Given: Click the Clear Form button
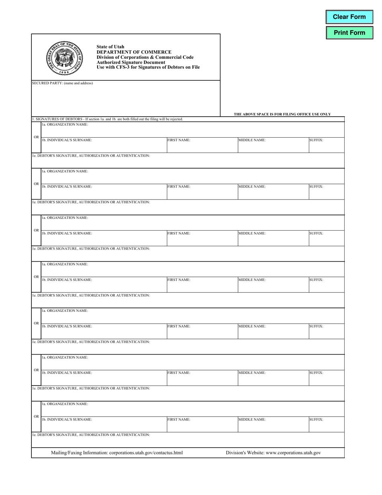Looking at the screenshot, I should [349, 17].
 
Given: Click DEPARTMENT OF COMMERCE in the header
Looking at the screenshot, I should [134, 52].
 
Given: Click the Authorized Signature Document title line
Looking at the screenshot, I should [131, 62].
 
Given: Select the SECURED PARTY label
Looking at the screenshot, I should [62, 83].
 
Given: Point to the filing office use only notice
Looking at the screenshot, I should [282, 114].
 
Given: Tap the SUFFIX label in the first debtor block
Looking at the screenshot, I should [316, 140].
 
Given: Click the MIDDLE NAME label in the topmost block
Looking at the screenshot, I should [252, 140].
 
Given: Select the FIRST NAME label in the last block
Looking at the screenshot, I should [179, 419].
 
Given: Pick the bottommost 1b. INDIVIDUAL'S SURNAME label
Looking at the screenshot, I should [67, 419].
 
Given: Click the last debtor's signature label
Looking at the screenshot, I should [91, 435].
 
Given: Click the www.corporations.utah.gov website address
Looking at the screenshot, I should [297, 453].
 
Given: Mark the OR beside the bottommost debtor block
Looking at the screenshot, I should [36, 416].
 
